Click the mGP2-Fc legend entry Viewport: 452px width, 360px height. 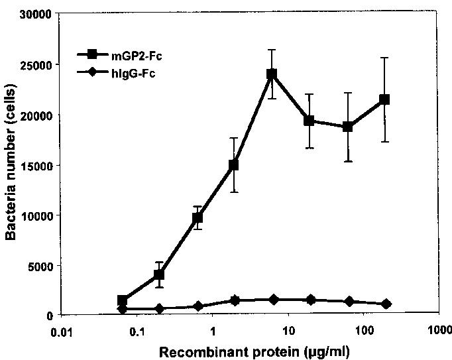(x=119, y=55)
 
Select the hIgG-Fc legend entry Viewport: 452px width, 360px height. (x=116, y=73)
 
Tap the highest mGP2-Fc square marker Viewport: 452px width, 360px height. (x=272, y=74)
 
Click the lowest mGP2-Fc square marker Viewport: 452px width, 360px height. (x=122, y=300)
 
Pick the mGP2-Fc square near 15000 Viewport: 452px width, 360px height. (x=233, y=165)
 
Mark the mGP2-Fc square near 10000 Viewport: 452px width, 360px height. (x=198, y=217)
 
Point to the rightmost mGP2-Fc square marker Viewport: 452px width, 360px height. (x=384, y=99)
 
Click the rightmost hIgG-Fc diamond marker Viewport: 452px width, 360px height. (x=386, y=304)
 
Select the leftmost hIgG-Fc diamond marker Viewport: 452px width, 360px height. (x=123, y=309)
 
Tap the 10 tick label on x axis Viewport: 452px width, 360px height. (x=288, y=331)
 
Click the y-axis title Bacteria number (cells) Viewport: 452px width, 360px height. (x=11, y=162)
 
